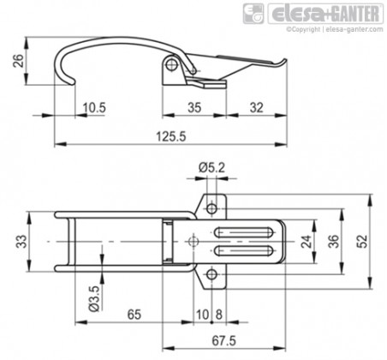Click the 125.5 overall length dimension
(x=171, y=136)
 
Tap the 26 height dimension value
(x=19, y=61)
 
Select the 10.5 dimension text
(x=94, y=108)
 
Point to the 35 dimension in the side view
(x=194, y=108)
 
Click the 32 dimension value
(x=256, y=108)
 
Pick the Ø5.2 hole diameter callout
(x=211, y=168)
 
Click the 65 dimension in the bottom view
(x=134, y=315)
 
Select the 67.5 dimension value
(x=224, y=341)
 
